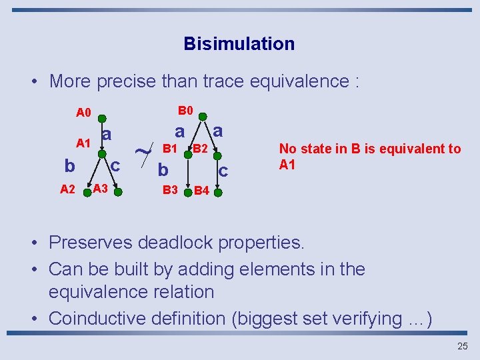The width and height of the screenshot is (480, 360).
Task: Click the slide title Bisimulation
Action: pyautogui.click(x=239, y=44)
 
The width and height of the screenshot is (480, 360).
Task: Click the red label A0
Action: pyautogui.click(x=83, y=112)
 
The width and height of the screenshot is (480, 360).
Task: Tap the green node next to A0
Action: pyautogui.click(x=101, y=111)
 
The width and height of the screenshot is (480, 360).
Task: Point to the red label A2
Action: pyautogui.click(x=67, y=189)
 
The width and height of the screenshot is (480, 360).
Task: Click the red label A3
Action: pyautogui.click(x=101, y=189)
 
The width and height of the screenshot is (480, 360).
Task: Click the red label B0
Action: pyautogui.click(x=185, y=110)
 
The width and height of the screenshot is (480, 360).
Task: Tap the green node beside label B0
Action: pyautogui.click(x=203, y=114)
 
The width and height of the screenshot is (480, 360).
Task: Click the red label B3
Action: pyautogui.click(x=171, y=190)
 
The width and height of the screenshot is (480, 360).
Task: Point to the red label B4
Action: pyautogui.click(x=201, y=191)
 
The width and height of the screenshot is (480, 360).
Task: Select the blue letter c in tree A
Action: pyautogui.click(x=115, y=164)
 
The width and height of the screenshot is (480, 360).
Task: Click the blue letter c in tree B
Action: pyautogui.click(x=223, y=171)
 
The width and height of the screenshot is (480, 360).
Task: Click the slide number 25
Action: pyautogui.click(x=463, y=346)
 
